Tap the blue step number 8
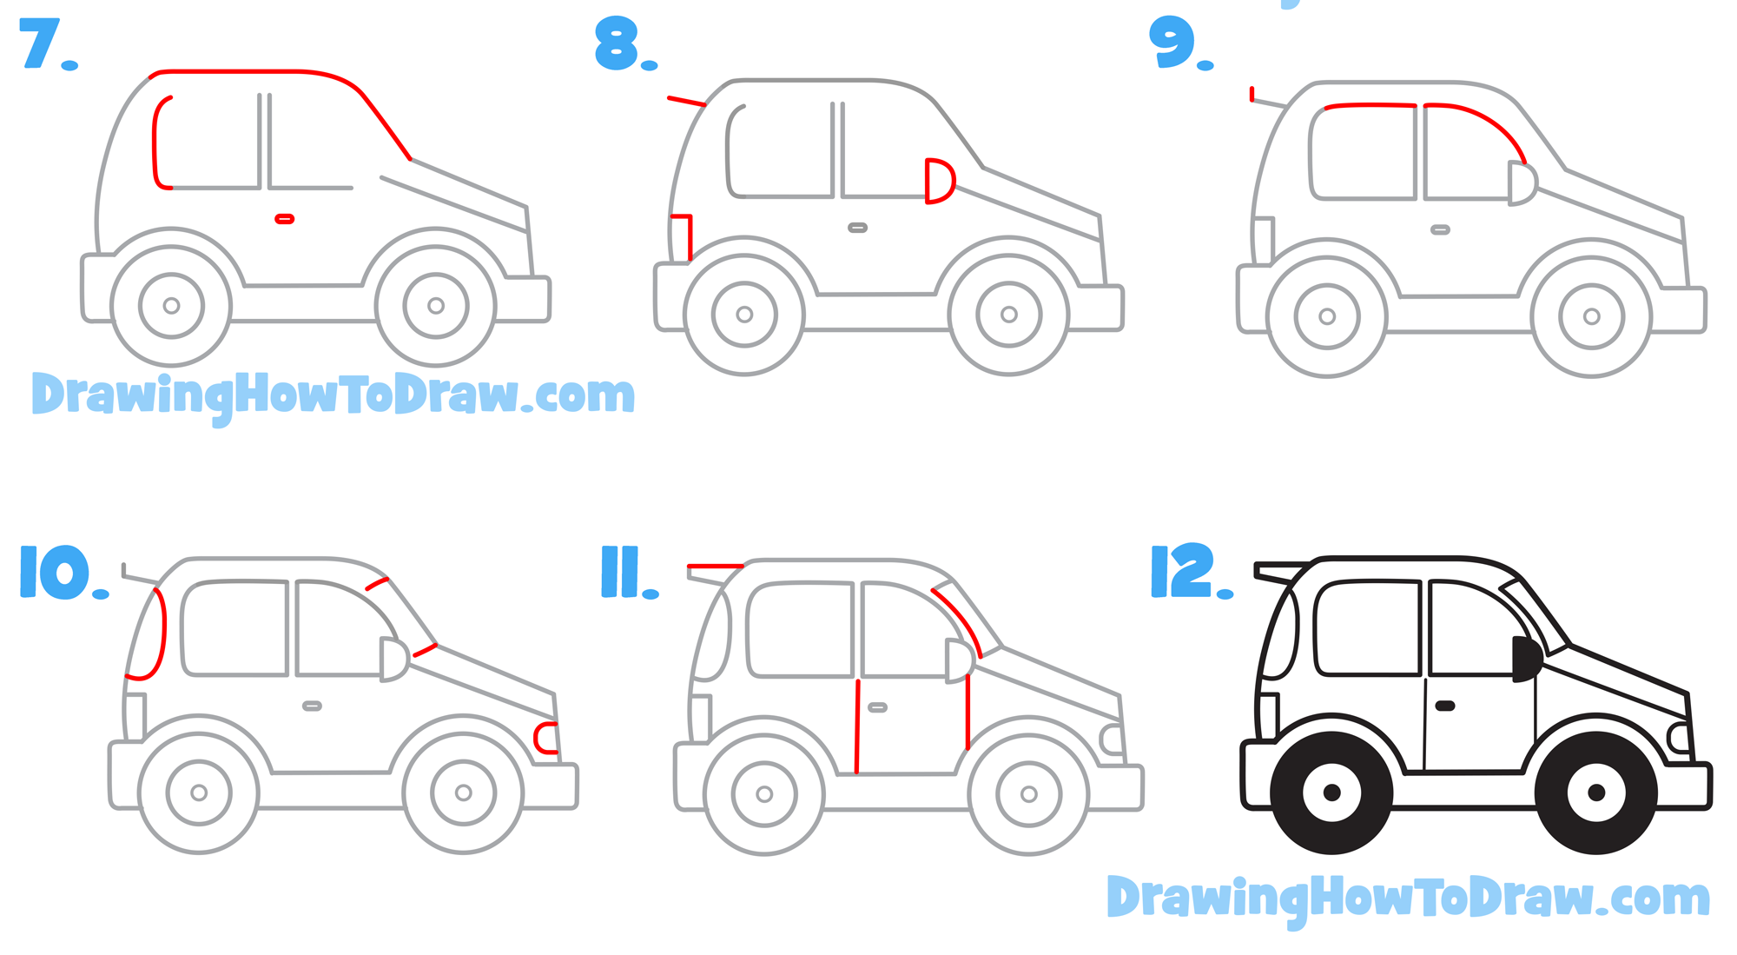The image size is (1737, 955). pos(617,44)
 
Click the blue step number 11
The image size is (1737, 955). pos(621,572)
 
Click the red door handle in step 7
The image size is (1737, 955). pos(284,219)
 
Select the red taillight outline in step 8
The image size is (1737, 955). pos(684,235)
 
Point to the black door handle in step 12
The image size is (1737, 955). pos(1445,706)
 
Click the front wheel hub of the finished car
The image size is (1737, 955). pos(1595,792)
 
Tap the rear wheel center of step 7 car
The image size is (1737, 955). pos(171,306)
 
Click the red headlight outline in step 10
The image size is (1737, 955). pos(545,738)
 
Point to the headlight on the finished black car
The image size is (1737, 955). pos(1680,738)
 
